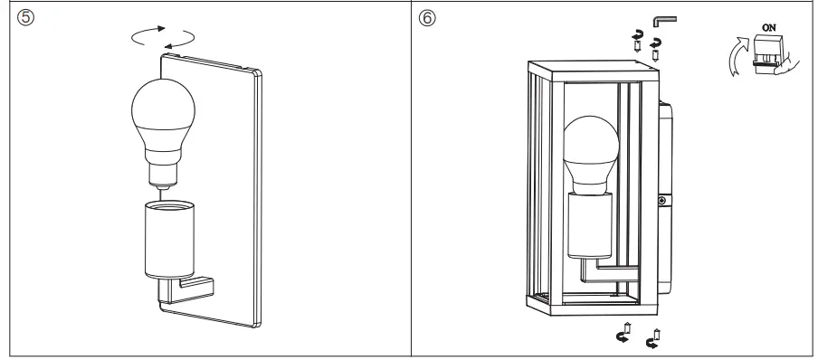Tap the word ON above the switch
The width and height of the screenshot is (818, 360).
click(769, 27)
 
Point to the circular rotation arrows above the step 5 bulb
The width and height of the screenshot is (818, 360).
click(163, 37)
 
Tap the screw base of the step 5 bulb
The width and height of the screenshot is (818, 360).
click(161, 166)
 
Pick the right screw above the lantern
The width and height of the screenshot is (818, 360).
click(656, 47)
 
